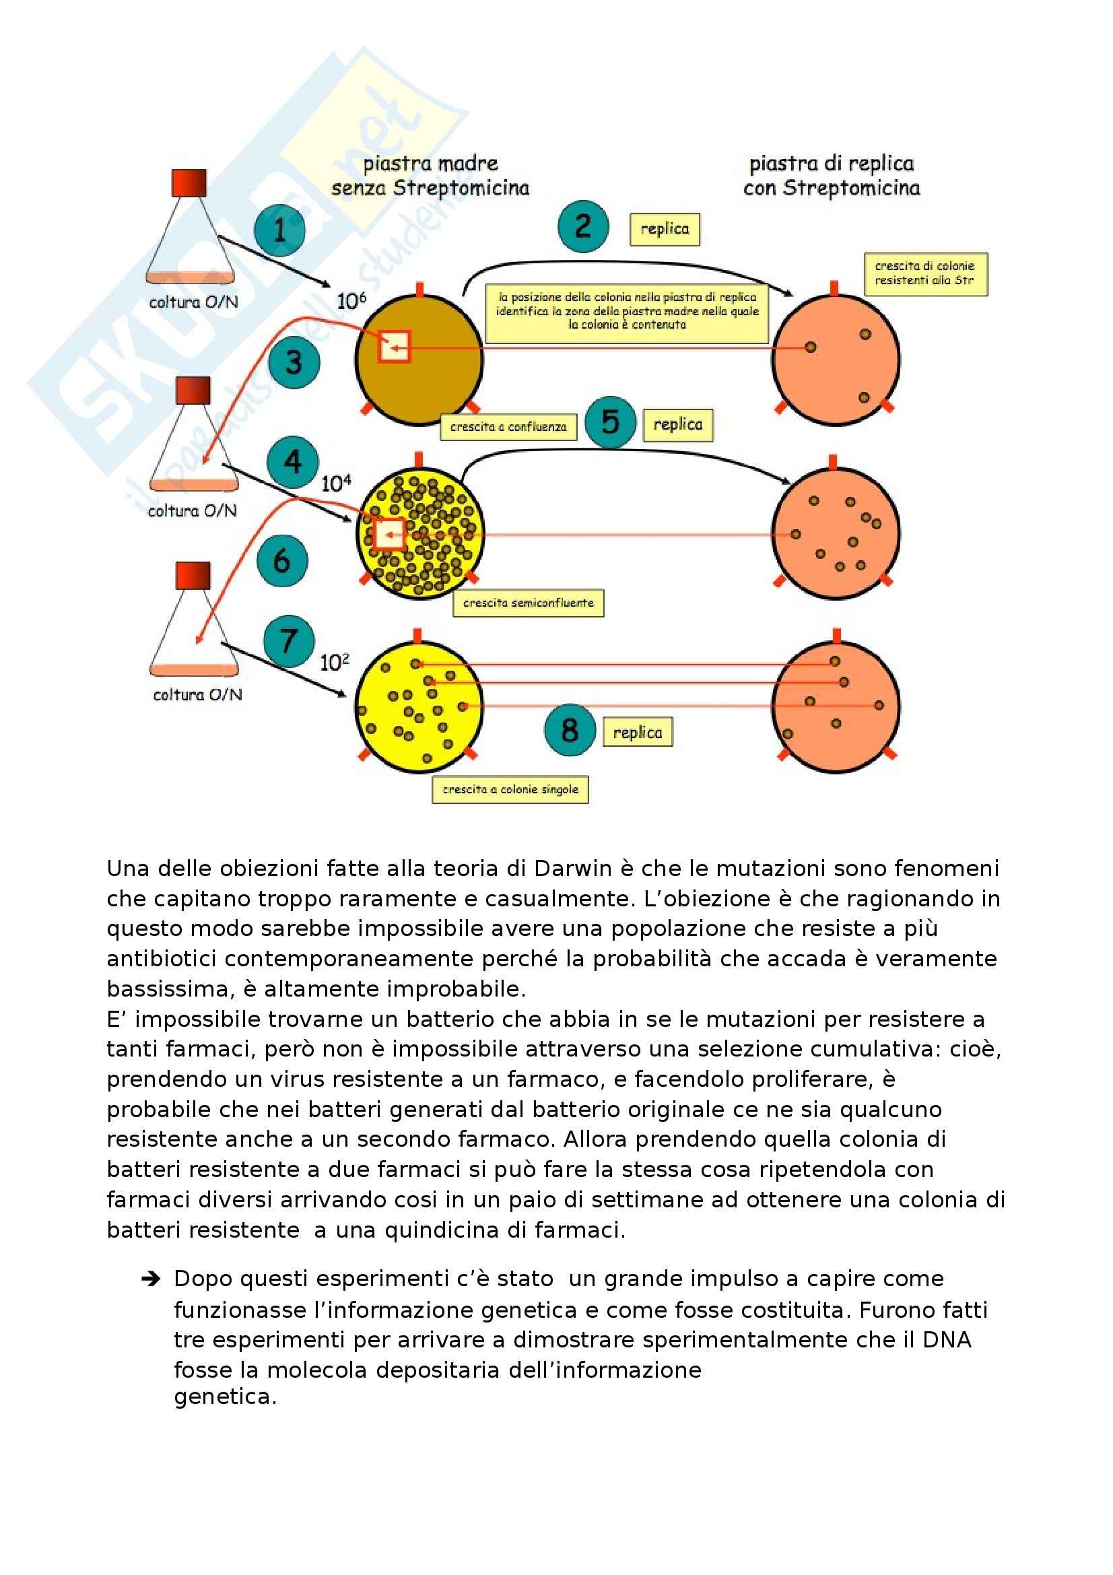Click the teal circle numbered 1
tap(279, 230)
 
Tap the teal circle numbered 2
tap(583, 226)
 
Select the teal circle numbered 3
tap(294, 362)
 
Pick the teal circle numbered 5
tap(610, 422)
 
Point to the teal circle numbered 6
tap(282, 561)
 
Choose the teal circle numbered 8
tap(569, 730)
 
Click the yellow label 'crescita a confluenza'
tap(508, 427)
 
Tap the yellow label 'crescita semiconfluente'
tap(528, 603)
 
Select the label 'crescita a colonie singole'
tap(510, 790)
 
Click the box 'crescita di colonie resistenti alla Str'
tap(925, 273)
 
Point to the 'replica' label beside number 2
tap(665, 229)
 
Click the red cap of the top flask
tap(189, 183)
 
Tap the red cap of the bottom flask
tap(193, 576)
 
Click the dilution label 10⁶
tap(351, 300)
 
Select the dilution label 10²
tap(335, 662)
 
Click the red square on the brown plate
tap(394, 346)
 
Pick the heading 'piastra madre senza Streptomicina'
tap(430, 176)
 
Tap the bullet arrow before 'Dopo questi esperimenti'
tap(150, 1279)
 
